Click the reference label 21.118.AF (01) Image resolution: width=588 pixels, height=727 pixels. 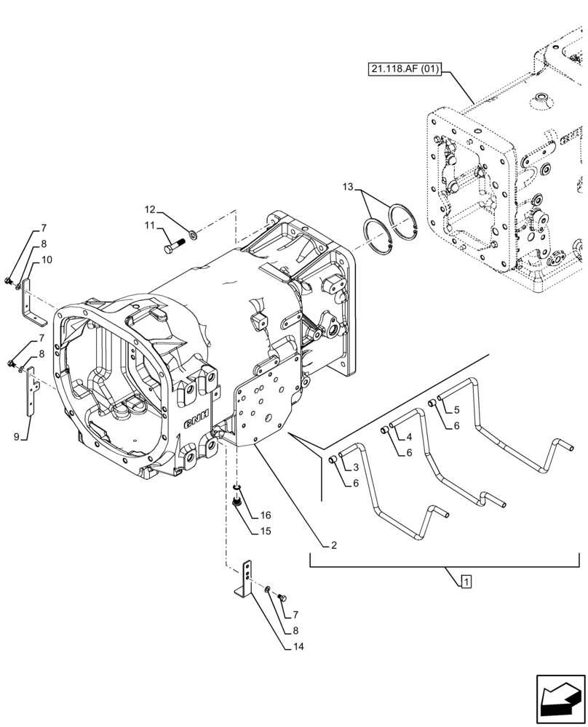[403, 70]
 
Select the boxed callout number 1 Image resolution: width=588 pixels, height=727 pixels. [465, 580]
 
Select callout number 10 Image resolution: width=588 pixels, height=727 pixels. [47, 260]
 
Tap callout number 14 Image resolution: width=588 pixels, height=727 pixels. [298, 646]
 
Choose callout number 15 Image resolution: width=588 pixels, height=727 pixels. [265, 531]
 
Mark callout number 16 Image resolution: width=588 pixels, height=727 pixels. [265, 515]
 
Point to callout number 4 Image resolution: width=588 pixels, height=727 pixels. [409, 437]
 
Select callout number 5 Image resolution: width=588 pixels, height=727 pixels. [457, 409]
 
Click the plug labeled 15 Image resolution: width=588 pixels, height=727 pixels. [237, 501]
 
